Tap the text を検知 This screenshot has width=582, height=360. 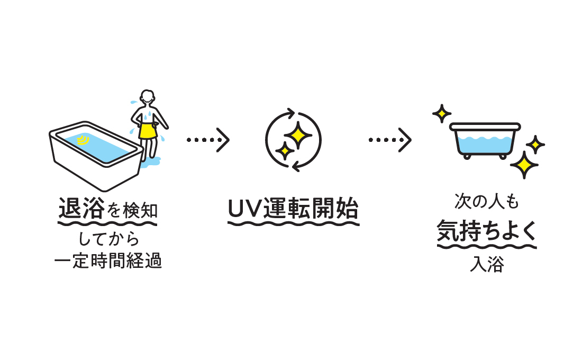[132, 211]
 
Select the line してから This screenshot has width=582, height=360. [108, 239]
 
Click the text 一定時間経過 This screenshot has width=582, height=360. [108, 261]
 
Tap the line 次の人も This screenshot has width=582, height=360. [487, 202]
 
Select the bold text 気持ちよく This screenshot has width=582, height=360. [487, 232]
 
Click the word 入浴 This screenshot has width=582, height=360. [487, 264]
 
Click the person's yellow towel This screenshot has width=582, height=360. [148, 130]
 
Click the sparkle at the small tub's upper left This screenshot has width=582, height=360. [441, 113]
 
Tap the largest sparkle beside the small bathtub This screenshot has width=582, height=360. [524, 165]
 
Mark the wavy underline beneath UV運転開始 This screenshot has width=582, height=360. [294, 223]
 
